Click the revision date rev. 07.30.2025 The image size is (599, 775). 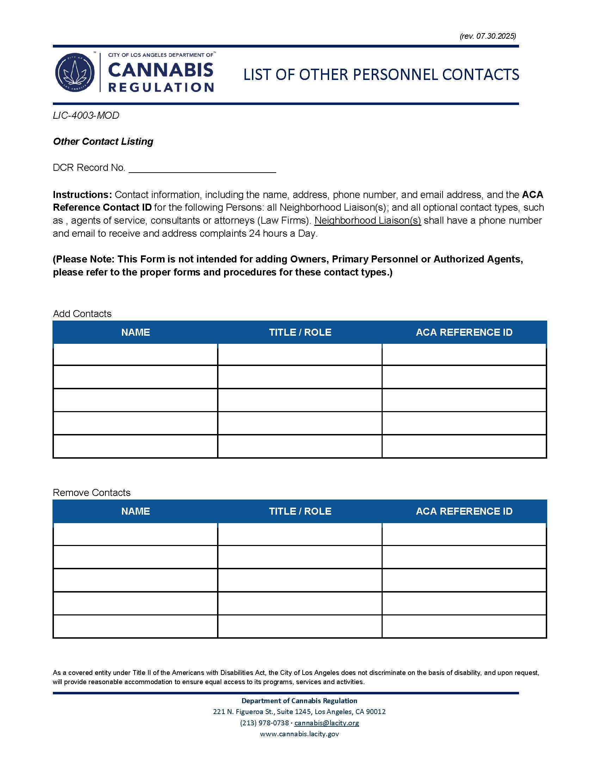[x=488, y=36]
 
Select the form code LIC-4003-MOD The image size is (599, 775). [x=86, y=115]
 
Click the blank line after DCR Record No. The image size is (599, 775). [x=202, y=168]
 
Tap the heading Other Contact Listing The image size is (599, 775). [x=103, y=141]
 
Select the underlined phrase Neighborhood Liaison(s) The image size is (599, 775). [x=368, y=221]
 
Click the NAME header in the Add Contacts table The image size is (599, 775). [x=136, y=332]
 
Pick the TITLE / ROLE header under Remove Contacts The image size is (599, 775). [x=300, y=511]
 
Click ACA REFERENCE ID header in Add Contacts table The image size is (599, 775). [x=464, y=332]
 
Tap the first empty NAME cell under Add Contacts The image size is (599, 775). [x=135, y=354]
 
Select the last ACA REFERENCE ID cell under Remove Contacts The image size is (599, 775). [x=464, y=626]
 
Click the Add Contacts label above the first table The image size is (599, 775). [x=82, y=314]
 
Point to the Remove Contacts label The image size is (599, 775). [x=92, y=492]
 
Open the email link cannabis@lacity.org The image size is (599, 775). [x=327, y=723]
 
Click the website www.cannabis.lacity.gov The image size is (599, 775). [x=299, y=734]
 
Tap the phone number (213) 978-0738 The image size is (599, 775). [x=264, y=723]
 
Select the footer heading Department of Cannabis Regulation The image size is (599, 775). [x=299, y=700]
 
